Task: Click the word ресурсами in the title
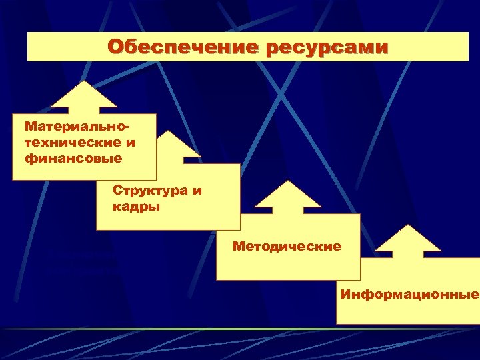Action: pyautogui.click(x=327, y=47)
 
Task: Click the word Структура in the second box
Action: pyautogui.click(x=149, y=191)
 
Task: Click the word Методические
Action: pyautogui.click(x=287, y=247)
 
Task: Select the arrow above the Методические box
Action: pyautogui.click(x=289, y=197)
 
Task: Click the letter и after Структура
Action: pyautogui.click(x=196, y=191)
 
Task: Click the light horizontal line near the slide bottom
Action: pyautogui.click(x=240, y=329)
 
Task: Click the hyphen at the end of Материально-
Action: pyautogui.click(x=127, y=125)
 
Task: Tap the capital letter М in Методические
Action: pyautogui.click(x=238, y=247)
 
